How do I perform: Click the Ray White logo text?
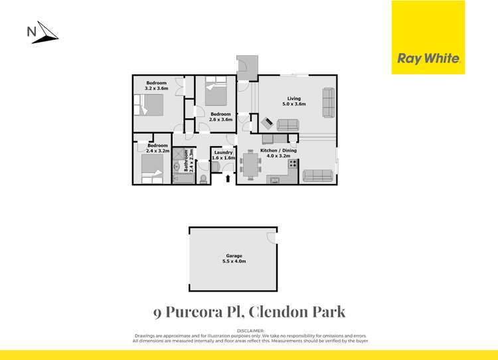tap(428, 58)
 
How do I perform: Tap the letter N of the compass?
tap(31, 31)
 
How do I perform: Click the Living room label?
tap(294, 99)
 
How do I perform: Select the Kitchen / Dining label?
tap(279, 151)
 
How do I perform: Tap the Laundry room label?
tap(223, 153)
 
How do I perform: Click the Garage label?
tap(234, 256)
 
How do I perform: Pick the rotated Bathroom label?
tap(186, 161)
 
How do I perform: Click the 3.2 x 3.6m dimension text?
tap(157, 88)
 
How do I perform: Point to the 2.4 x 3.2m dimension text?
tap(157, 151)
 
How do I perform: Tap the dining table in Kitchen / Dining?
tap(250, 166)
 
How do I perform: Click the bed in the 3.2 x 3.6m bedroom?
tap(151, 106)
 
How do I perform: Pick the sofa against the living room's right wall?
tap(328, 102)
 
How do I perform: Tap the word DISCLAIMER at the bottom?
tap(250, 330)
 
